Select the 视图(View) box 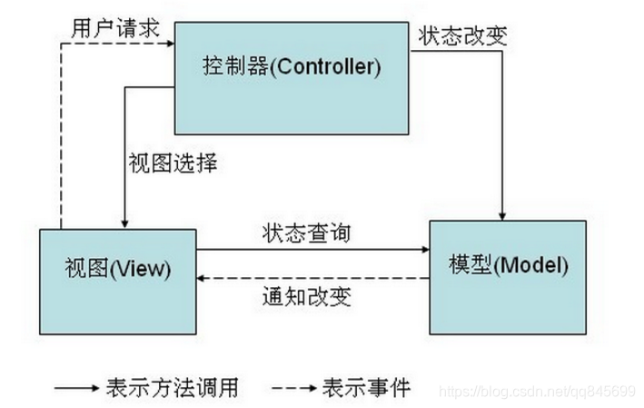click(x=118, y=269)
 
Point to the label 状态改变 click(x=462, y=36)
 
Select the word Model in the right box click(x=534, y=266)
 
